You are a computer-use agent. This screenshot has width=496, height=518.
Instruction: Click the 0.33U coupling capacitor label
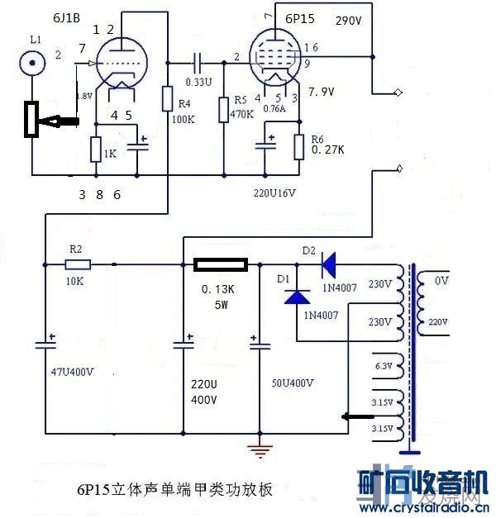pyautogui.click(x=199, y=83)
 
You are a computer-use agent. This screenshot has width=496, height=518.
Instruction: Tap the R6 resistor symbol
pyautogui.click(x=299, y=145)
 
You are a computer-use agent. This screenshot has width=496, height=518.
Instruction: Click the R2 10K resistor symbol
pyautogui.click(x=79, y=264)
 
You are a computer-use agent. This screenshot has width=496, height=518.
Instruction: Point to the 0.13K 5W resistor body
pyautogui.click(x=219, y=264)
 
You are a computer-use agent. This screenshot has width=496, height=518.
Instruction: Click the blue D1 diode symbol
pyautogui.click(x=297, y=296)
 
